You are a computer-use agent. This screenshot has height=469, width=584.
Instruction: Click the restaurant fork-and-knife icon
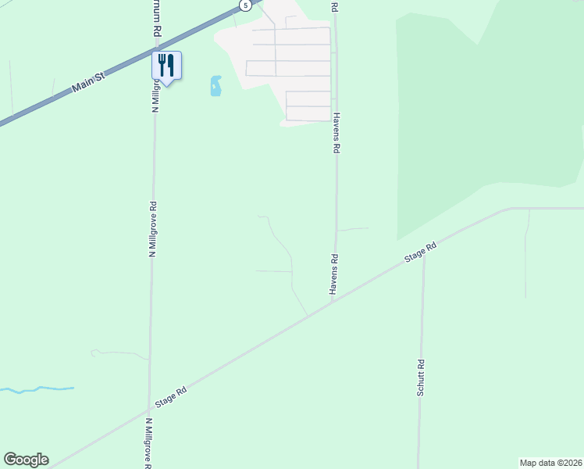(166, 64)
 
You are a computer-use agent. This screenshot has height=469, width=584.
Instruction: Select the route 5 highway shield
(246, 5)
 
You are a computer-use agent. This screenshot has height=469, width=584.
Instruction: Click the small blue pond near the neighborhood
(215, 86)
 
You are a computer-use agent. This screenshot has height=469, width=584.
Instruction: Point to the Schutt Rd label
(420, 377)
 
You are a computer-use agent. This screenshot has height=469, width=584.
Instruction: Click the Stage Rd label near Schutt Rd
(419, 252)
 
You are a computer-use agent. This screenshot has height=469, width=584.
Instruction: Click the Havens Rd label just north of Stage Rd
(333, 274)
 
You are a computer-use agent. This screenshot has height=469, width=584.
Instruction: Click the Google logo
(26, 460)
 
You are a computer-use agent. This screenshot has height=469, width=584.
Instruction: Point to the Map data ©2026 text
(550, 462)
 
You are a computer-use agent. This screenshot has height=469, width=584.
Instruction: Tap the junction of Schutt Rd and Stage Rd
(424, 252)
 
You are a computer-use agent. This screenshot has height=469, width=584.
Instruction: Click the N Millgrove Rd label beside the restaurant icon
(155, 94)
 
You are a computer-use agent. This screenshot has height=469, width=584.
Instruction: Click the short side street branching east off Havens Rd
(352, 229)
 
